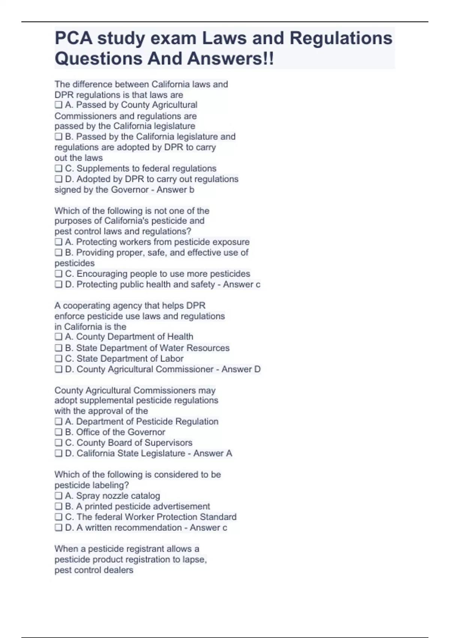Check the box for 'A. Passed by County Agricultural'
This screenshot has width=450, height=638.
point(58,105)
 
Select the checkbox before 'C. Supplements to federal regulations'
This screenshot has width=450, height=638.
point(58,168)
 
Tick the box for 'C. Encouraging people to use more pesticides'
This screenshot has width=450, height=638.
point(58,274)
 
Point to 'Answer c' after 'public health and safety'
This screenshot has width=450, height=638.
point(241,284)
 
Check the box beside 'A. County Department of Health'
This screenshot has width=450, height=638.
point(58,337)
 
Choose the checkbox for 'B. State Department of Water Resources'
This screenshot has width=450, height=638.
point(58,348)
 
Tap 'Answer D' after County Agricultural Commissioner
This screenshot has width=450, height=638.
point(241,369)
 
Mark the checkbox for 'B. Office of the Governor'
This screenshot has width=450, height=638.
point(58,432)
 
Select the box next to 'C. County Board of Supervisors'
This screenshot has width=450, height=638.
point(58,442)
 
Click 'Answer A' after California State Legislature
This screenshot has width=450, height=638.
point(213,453)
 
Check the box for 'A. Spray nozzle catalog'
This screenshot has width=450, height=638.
point(58,496)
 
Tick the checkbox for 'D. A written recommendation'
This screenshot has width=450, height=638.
point(58,527)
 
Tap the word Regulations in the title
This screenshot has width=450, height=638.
point(341,38)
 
